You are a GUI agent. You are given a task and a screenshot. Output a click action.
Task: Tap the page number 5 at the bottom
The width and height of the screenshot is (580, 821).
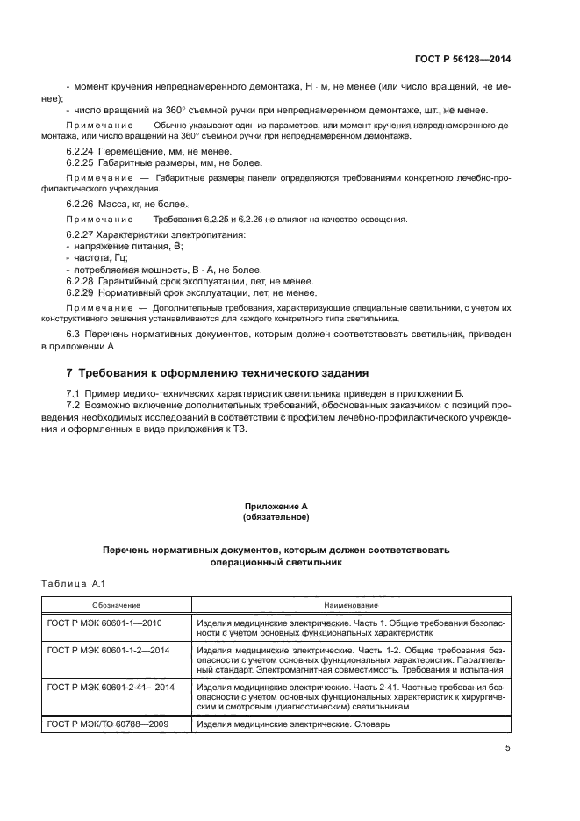(508, 749)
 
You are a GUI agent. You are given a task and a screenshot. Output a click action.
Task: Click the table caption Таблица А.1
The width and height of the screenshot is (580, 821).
(73, 582)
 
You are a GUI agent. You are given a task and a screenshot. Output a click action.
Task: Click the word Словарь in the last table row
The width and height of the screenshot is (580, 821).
(371, 724)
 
